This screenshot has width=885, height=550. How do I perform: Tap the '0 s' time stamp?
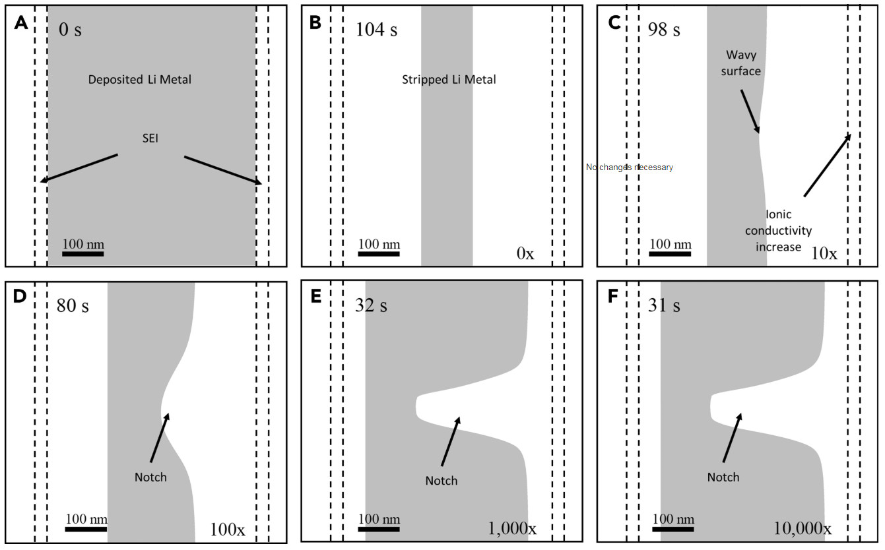(70, 30)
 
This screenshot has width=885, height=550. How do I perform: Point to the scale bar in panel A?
(84, 253)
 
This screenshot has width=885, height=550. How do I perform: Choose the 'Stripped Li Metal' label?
(449, 80)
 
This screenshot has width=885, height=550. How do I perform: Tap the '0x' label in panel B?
(525, 253)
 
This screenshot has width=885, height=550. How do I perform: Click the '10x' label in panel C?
(824, 253)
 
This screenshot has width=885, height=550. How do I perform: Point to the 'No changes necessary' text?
(630, 168)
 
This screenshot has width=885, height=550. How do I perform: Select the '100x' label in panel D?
(228, 529)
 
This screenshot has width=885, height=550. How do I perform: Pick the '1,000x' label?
(512, 529)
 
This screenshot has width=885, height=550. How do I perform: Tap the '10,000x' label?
(803, 529)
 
